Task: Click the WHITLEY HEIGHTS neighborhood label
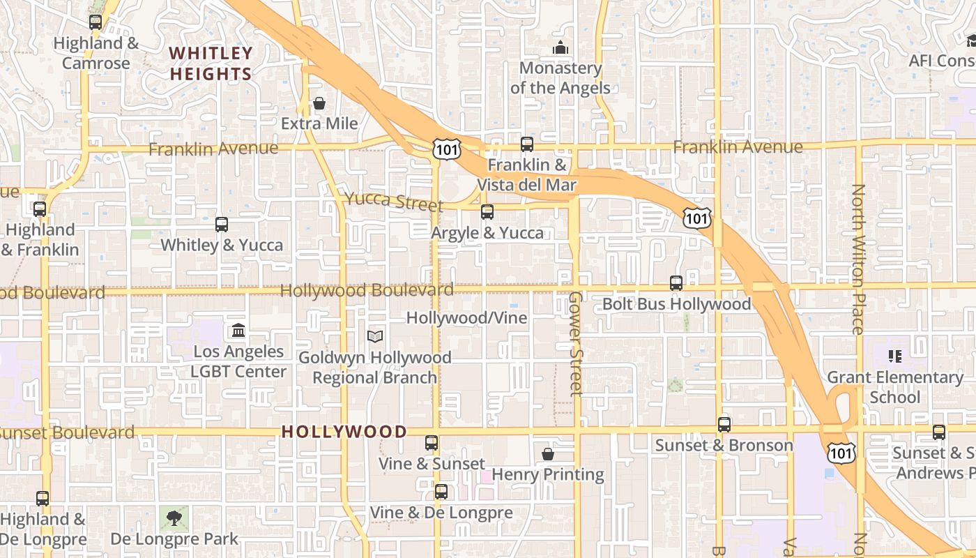click(211, 63)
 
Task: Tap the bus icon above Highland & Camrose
click(96, 22)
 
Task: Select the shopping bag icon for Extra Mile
click(319, 103)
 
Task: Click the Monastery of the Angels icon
click(560, 47)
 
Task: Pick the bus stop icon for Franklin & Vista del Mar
click(527, 144)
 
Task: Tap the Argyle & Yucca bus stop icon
click(487, 212)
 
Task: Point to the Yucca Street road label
click(395, 202)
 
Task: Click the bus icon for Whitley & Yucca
click(222, 225)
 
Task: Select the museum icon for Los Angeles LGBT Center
click(238, 330)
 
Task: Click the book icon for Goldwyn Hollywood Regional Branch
click(375, 337)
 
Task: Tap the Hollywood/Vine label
click(466, 318)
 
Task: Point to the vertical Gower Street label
click(575, 343)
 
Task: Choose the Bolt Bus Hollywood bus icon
click(676, 283)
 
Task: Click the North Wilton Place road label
click(858, 259)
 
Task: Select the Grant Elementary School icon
click(896, 356)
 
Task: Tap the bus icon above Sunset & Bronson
click(724, 425)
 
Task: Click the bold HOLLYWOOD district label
click(344, 432)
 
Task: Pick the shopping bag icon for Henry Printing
click(548, 454)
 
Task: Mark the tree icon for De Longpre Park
click(174, 518)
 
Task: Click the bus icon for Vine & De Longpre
click(441, 492)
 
